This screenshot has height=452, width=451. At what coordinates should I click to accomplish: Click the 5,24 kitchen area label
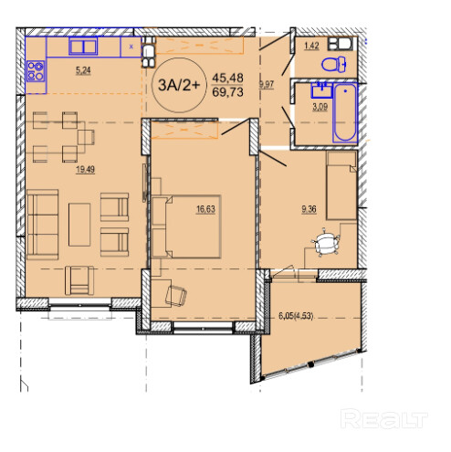[x=83, y=70]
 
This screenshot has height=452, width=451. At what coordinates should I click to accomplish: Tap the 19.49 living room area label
[x=86, y=169]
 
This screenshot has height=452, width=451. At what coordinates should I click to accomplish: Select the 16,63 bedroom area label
[x=205, y=209]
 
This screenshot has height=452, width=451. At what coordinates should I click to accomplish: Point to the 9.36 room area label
[x=309, y=209]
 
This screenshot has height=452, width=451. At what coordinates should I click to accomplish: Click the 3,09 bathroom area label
[x=320, y=107]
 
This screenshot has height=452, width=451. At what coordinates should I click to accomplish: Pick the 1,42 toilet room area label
[x=311, y=46]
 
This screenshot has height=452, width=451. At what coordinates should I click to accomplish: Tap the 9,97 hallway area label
[x=267, y=84]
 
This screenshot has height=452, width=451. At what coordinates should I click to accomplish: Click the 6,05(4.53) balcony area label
[x=296, y=316]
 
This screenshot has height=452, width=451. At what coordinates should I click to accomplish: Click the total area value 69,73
[x=228, y=92]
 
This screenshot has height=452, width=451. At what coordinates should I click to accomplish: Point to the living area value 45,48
[x=228, y=78]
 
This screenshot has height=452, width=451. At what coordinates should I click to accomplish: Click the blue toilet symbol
[x=334, y=64]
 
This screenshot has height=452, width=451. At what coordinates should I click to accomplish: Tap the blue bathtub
[x=345, y=112]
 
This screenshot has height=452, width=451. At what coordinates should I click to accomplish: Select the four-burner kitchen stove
[x=36, y=71]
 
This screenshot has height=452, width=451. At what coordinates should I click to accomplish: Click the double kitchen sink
[x=83, y=47]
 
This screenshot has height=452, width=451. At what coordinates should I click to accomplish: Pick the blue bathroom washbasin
[x=321, y=90]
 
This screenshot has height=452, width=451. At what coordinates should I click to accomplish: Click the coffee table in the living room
[x=79, y=225]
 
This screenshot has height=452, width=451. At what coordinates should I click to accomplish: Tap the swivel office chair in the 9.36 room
[x=326, y=243]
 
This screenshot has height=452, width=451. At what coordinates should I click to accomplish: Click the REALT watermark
[x=384, y=419]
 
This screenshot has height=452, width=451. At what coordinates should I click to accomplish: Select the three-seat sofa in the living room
[x=43, y=225]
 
